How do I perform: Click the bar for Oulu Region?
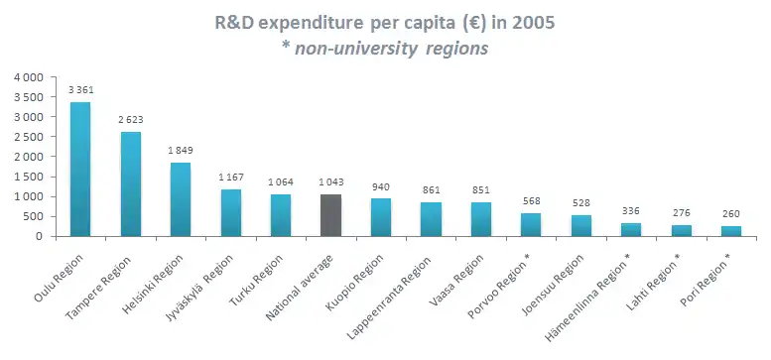click(x=80, y=169)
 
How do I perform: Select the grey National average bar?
click(x=330, y=215)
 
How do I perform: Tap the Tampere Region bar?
click(x=130, y=183)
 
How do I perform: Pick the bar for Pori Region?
click(x=731, y=231)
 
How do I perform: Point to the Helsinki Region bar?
click(x=181, y=199)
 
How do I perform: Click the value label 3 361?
click(x=81, y=90)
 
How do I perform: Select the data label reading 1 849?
click(x=181, y=151)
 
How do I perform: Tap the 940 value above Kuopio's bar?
click(x=381, y=186)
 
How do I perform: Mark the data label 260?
click(x=731, y=213)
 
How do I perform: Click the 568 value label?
click(x=531, y=201)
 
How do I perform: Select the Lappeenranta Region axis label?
click(x=389, y=298)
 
